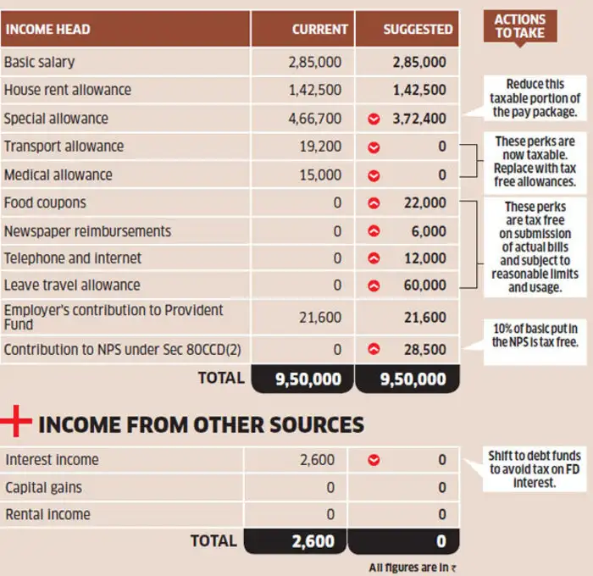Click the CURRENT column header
pos(319,30)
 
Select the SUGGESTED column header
pos(418,30)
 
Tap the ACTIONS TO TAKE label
pos(520,26)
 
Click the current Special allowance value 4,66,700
pos(314,119)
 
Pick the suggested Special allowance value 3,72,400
pos(419,119)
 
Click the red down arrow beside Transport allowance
pos(374,147)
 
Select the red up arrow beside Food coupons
pos(374,203)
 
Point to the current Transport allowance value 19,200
pos(320,147)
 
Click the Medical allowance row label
pos(58,174)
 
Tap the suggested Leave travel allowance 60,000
pos(424,285)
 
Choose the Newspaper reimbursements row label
pos(87,231)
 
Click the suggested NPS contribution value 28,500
pos(424,350)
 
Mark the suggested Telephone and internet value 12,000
pos(425,258)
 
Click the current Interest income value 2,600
pos(318,459)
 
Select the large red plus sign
pos(15,421)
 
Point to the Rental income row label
pos(48,514)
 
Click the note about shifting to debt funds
pos(535,469)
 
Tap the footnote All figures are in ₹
pos(413,568)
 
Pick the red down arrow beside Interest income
pos(374,460)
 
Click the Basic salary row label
pos(39,62)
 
